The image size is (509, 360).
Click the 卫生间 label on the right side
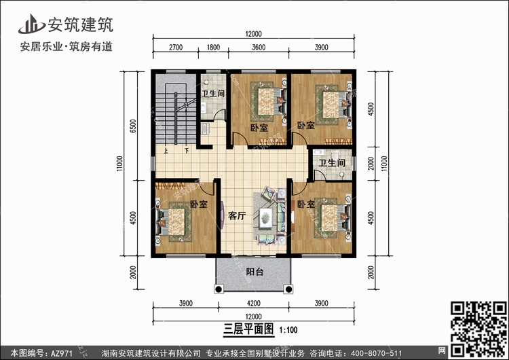[333, 163]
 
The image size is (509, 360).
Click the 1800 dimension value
[213, 48]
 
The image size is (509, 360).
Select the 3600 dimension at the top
[258, 48]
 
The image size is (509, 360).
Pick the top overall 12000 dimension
[254, 34]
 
